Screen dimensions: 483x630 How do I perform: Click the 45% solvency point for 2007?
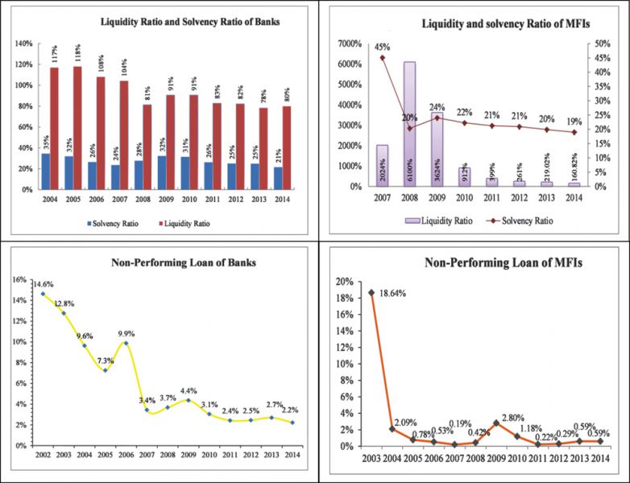click(x=383, y=58)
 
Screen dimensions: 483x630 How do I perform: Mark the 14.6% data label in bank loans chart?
click(x=44, y=284)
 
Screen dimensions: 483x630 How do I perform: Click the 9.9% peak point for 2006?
click(x=126, y=343)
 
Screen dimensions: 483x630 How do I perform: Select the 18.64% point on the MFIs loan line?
click(x=371, y=293)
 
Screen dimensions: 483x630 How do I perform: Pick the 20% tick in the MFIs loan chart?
click(x=346, y=281)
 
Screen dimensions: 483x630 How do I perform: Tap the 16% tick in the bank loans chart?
click(x=18, y=280)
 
